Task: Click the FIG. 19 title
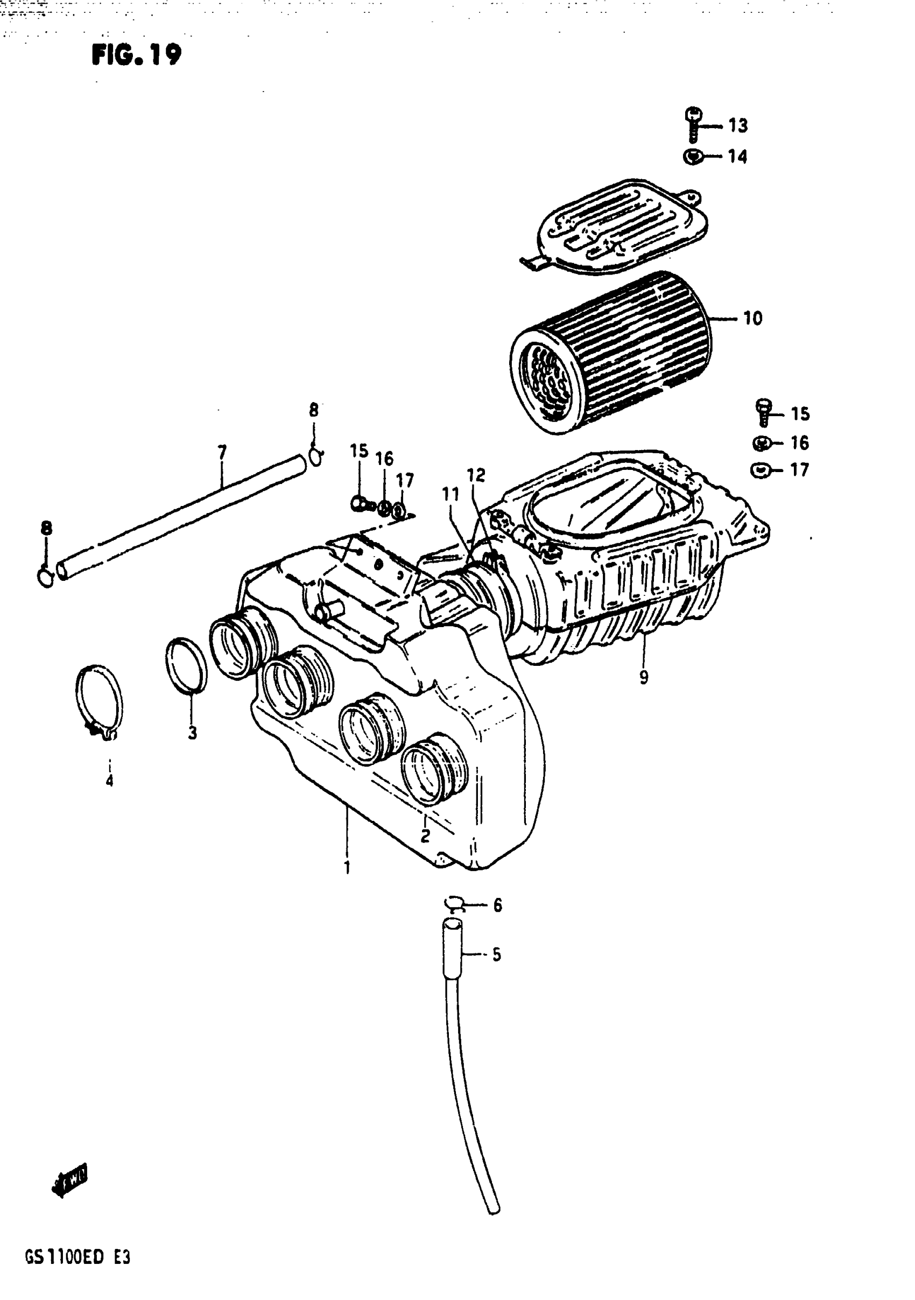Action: [137, 55]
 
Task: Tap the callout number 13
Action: [738, 126]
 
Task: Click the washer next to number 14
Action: [693, 156]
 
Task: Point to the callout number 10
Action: [752, 319]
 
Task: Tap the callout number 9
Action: [644, 678]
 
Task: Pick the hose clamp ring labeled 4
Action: [99, 702]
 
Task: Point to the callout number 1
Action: [347, 867]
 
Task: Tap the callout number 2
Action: [425, 835]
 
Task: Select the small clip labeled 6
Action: [455, 905]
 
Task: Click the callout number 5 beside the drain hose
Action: [497, 954]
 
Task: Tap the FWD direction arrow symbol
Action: [69, 1184]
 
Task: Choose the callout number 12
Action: [476, 476]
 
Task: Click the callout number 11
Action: [450, 494]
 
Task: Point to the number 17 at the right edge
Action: [799, 470]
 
